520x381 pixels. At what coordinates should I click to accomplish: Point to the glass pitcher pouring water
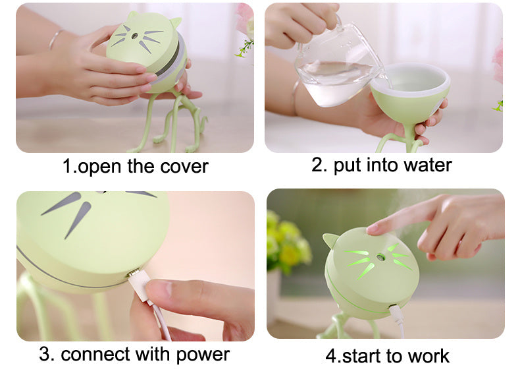[332, 69]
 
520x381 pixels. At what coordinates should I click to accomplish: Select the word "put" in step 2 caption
[348, 165]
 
